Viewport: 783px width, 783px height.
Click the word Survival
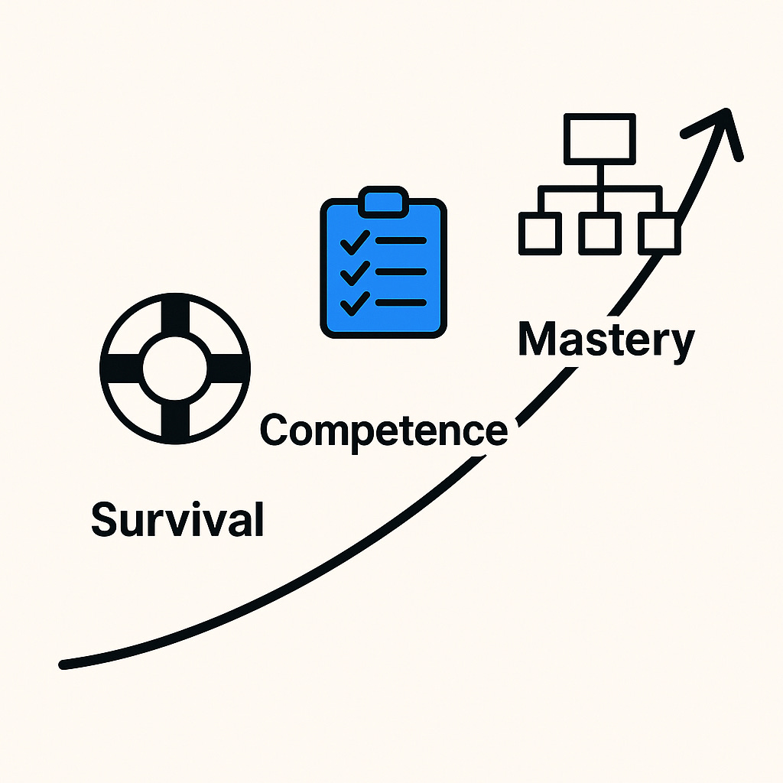coord(177,519)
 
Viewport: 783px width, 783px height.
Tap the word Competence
coord(384,430)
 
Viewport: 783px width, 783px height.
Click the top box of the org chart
coord(599,138)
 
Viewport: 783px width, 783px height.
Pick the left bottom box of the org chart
coord(539,232)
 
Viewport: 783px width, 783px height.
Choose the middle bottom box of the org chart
coord(599,232)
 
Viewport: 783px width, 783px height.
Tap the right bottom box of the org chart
coord(658,232)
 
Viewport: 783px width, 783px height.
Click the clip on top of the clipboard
coord(383,203)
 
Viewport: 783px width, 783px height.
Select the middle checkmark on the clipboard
coord(355,272)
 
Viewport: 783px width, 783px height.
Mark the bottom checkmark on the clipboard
coord(355,304)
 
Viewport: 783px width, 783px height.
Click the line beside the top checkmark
coord(401,240)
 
